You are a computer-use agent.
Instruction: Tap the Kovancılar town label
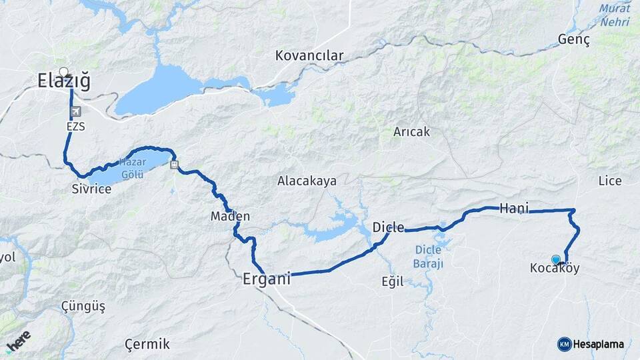[x=309, y=55]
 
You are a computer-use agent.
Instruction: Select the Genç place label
[x=574, y=40]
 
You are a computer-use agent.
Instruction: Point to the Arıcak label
[x=411, y=132]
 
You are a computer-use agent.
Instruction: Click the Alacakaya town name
[x=307, y=181]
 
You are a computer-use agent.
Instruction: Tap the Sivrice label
[x=91, y=189]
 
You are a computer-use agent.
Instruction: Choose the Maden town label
[x=230, y=216]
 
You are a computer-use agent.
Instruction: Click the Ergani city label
[x=267, y=280]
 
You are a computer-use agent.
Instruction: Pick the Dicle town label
[x=388, y=227]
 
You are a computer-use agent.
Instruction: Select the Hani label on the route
[x=514, y=209]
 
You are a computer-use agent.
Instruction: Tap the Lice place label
[x=610, y=181]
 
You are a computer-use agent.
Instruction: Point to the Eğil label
[x=393, y=281]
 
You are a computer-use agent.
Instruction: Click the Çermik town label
[x=147, y=344]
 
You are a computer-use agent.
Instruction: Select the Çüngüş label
[x=83, y=306]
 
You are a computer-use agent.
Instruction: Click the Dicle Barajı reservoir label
[x=429, y=257]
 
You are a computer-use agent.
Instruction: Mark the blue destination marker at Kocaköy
[x=556, y=259]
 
